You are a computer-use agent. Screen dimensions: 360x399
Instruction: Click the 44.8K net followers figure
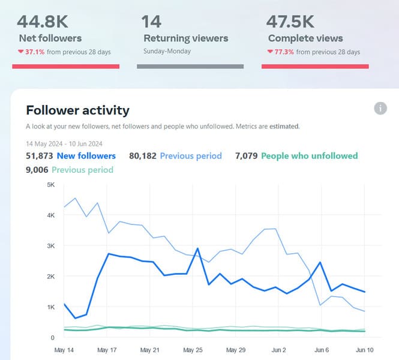43,22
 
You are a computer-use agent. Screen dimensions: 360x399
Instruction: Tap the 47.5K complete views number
290,22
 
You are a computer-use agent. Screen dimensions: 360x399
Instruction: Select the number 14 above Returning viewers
151,22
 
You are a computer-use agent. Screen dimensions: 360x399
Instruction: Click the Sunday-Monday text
167,52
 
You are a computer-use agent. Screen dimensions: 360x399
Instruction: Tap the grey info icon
380,108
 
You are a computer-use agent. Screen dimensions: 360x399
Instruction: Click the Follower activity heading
77,110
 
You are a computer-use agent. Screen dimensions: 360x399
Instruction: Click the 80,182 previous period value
143,156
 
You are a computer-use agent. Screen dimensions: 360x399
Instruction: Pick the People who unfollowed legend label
310,156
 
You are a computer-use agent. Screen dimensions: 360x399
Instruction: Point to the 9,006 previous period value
37,170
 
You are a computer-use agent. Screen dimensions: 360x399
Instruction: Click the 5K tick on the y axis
51,184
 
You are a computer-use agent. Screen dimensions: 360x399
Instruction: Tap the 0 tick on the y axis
53,338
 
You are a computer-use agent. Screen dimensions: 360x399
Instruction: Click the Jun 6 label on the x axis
321,350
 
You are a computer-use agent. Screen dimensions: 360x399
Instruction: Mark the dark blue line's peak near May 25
197,248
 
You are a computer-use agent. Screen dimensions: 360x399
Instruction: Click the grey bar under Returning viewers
190,66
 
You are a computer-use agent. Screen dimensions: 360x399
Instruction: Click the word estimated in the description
284,127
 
